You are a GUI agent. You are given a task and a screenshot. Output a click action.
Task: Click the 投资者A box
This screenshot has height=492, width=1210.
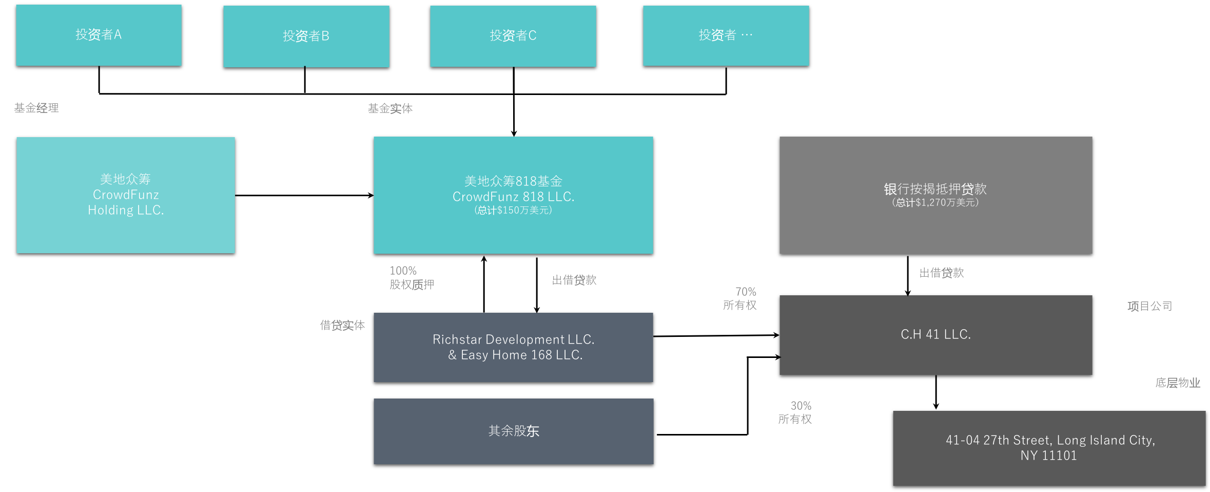99,35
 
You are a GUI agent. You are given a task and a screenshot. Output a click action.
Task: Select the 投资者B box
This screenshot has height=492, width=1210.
306,36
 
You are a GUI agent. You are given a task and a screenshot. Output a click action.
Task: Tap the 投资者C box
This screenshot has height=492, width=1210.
513,35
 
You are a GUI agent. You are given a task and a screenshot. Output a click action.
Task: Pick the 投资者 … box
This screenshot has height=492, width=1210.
726,35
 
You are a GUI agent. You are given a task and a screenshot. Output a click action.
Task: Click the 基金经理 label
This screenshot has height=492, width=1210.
36,108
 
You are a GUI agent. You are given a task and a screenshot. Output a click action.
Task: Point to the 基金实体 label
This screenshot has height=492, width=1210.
390,108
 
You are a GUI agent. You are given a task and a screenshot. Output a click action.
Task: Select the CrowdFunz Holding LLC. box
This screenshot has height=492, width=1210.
126,195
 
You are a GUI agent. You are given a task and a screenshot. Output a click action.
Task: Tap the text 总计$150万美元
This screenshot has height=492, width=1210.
513,210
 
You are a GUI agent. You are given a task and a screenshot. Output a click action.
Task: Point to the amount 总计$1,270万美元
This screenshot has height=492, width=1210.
935,202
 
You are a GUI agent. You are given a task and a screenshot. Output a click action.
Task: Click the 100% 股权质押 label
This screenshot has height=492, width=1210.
412,277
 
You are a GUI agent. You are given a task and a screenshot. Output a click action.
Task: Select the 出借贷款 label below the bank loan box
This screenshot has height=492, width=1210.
941,273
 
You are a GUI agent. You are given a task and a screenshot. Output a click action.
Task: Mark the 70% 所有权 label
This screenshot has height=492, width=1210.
740,298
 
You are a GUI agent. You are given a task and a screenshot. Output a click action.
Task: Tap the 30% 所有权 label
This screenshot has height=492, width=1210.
795,412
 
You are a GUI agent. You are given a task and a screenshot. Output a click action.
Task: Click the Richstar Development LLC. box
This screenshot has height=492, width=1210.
513,347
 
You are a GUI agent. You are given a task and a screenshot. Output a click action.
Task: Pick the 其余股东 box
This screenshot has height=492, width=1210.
513,431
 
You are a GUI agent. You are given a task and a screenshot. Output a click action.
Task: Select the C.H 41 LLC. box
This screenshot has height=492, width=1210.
935,334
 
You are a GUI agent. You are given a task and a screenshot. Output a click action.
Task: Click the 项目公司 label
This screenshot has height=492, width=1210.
1149,306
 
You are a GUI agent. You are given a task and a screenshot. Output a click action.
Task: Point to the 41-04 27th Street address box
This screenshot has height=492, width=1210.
1049,448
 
